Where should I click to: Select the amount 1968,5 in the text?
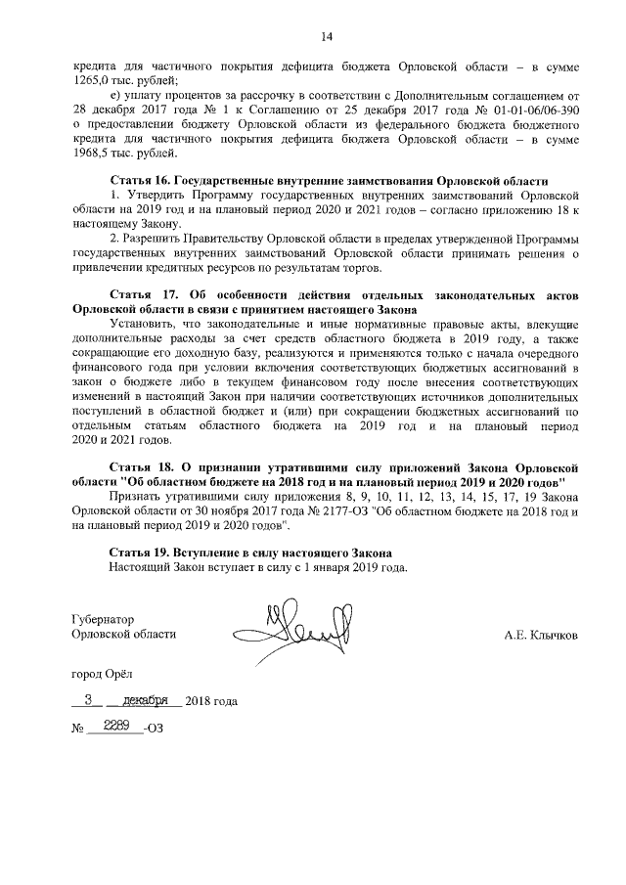coord(91,154)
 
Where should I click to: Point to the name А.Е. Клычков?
coord(541,635)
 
